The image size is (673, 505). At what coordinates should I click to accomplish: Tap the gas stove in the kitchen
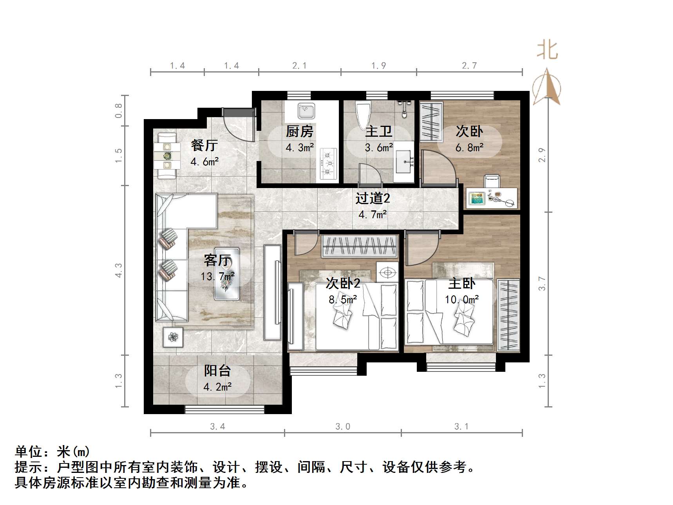point(328,163)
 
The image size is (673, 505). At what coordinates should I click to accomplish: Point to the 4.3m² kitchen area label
point(300,148)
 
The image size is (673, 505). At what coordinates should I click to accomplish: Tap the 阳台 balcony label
point(217,370)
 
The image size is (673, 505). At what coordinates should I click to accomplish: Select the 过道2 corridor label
point(373,199)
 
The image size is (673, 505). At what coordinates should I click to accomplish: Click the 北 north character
point(547,51)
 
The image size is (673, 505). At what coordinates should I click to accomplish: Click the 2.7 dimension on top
point(469,65)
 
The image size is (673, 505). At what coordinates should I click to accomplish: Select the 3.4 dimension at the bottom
point(217,427)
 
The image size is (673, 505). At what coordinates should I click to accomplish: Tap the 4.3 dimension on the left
point(118,270)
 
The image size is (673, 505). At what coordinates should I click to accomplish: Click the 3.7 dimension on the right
point(542,284)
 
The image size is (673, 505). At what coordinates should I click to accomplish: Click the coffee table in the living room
point(227,274)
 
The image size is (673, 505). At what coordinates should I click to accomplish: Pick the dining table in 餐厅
point(167,156)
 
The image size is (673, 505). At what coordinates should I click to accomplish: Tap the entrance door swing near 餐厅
point(237,125)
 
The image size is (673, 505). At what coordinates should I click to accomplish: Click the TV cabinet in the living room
point(273,292)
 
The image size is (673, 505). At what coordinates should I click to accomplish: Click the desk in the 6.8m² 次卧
point(492,198)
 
